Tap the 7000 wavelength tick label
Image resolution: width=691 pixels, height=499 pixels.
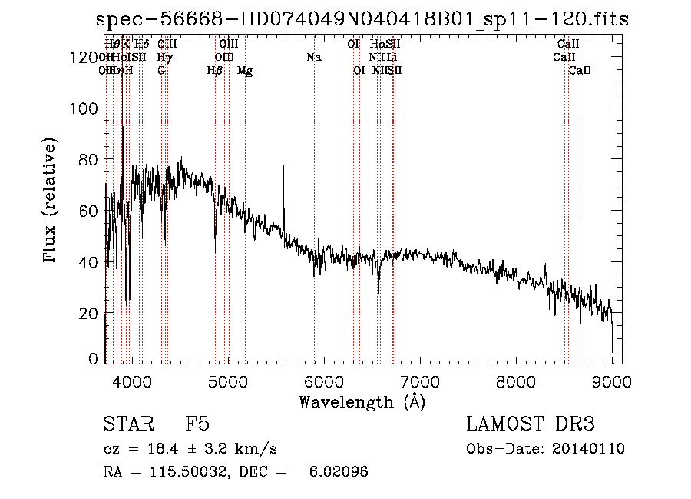tap(420, 382)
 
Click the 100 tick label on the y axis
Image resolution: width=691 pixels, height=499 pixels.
tap(83, 108)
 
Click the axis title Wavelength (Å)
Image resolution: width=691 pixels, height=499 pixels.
tap(362, 401)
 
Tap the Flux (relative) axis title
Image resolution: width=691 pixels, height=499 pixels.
tap(51, 202)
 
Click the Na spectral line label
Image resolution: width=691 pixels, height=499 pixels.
tap(313, 58)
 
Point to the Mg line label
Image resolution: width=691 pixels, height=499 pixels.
tap(245, 71)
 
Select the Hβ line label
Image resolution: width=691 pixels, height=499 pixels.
tap(215, 71)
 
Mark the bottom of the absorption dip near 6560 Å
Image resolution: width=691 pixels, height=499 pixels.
tap(379, 294)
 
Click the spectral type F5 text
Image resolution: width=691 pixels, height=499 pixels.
tap(197, 424)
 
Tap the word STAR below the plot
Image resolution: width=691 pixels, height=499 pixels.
tap(125, 424)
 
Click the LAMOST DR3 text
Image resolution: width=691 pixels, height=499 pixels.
tap(531, 424)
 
